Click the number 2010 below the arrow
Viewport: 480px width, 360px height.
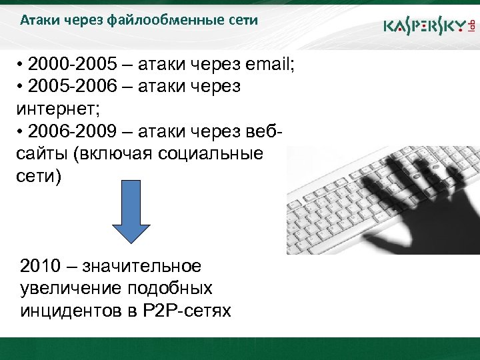[43, 266]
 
